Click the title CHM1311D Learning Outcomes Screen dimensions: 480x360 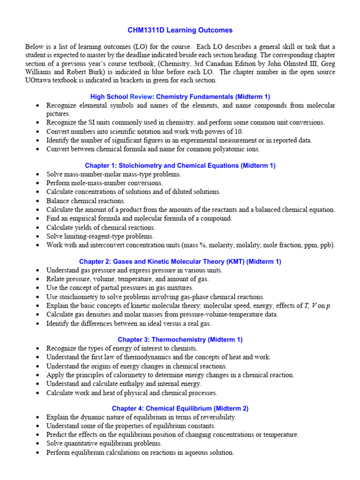click(180, 30)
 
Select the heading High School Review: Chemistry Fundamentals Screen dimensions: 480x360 click(180, 97)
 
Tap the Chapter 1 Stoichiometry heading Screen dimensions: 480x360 click(180, 165)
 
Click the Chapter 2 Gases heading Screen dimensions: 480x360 click(180, 262)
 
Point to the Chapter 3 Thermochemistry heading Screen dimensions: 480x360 click(180, 339)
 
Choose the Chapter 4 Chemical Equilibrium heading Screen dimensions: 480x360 click(180, 408)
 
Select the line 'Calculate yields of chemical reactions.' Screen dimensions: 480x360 click(100, 227)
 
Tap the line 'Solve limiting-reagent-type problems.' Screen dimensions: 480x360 click(100, 236)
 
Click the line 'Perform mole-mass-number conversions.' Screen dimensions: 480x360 click(105, 183)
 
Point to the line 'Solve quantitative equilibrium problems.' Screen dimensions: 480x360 click(104, 443)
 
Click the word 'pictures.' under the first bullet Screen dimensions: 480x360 click(58, 113)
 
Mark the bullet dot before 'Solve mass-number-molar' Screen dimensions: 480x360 click(37, 174)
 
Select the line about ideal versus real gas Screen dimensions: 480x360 click(129, 323)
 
